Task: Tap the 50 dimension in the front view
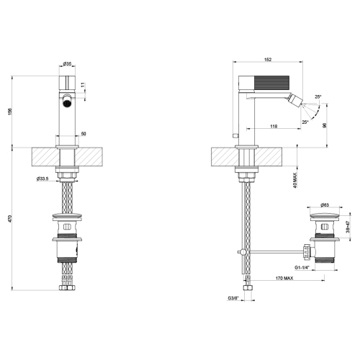click(83, 133)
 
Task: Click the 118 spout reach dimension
click(274, 127)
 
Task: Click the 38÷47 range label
click(349, 228)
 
